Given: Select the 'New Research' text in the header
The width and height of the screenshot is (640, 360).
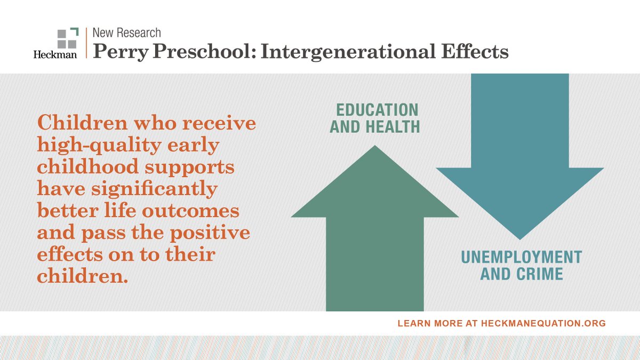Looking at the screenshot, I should click(126, 33).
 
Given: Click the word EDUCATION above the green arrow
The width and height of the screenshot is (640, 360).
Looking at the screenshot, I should click(377, 110).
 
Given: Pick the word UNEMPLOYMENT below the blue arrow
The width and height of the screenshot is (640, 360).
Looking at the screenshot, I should click(521, 257).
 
